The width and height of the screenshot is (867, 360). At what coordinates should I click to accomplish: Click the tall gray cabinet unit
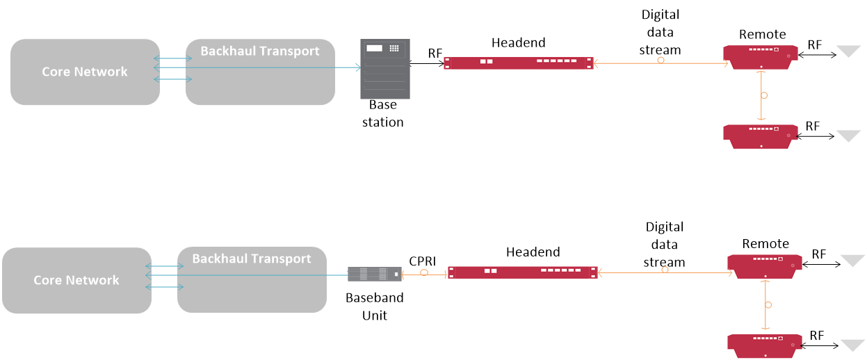[x=384, y=69]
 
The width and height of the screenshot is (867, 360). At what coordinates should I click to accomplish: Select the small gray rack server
[x=375, y=274]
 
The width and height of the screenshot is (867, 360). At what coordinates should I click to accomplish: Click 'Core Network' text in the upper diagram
[x=85, y=72]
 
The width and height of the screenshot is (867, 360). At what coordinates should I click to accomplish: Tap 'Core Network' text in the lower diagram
[x=76, y=280]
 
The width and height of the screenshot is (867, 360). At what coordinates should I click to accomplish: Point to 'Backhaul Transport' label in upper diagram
[x=260, y=51]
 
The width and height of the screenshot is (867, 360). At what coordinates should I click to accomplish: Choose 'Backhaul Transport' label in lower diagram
[x=252, y=259]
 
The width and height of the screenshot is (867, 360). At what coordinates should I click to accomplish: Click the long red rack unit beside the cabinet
[x=519, y=63]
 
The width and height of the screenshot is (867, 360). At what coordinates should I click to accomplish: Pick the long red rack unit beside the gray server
[x=522, y=272]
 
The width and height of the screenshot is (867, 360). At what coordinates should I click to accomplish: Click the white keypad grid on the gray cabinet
[x=394, y=49]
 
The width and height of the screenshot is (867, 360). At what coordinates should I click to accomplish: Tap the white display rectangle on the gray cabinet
[x=374, y=49]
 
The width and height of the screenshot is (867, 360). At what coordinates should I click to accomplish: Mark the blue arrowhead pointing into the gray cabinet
[x=358, y=67]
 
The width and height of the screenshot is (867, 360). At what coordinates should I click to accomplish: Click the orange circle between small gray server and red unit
[x=424, y=273]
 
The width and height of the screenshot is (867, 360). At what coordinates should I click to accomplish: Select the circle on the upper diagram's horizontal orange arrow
[x=661, y=60]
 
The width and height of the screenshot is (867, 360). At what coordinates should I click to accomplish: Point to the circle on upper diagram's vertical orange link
[x=764, y=95]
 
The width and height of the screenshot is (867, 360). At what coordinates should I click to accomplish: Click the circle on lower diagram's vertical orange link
[x=768, y=304]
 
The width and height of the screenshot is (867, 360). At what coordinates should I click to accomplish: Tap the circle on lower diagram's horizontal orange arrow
[x=665, y=270]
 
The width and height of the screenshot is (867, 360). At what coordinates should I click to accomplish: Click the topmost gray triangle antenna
[x=848, y=51]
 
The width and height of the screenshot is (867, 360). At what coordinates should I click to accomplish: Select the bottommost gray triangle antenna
[x=852, y=345]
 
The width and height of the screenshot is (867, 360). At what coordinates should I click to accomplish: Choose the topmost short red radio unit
[x=760, y=57]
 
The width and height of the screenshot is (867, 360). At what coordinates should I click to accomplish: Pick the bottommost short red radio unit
[x=764, y=346]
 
